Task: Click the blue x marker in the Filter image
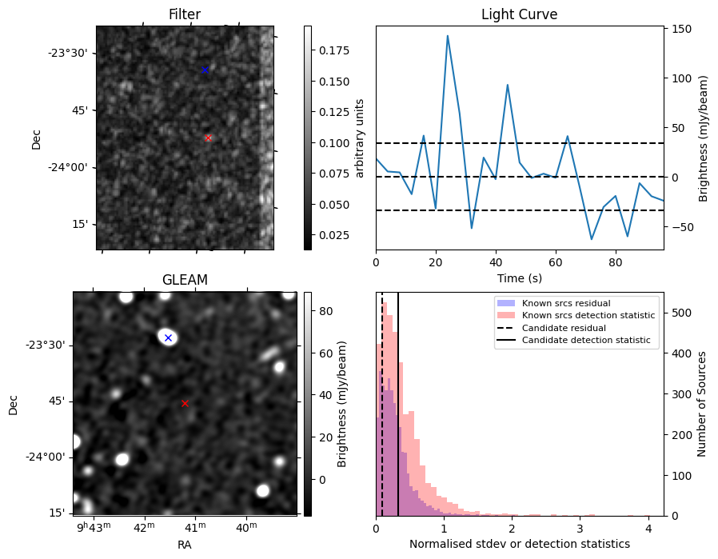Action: click(205, 70)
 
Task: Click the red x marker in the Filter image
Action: click(208, 138)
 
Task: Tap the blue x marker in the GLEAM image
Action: click(168, 338)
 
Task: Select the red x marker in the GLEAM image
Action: click(185, 404)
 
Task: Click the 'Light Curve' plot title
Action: click(519, 15)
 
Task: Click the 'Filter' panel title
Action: click(185, 15)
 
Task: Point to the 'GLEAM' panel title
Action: click(185, 280)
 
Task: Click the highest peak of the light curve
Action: click(448, 36)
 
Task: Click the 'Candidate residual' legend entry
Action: click(564, 329)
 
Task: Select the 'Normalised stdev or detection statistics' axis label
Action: click(519, 545)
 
